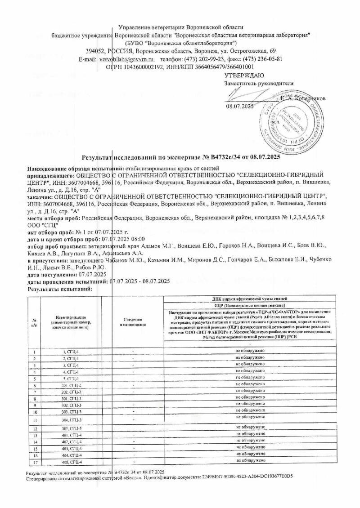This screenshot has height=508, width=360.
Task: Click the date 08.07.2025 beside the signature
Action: click(239, 107)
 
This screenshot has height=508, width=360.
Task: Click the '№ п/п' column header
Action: click(34, 322)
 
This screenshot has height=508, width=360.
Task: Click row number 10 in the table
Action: click(34, 411)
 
